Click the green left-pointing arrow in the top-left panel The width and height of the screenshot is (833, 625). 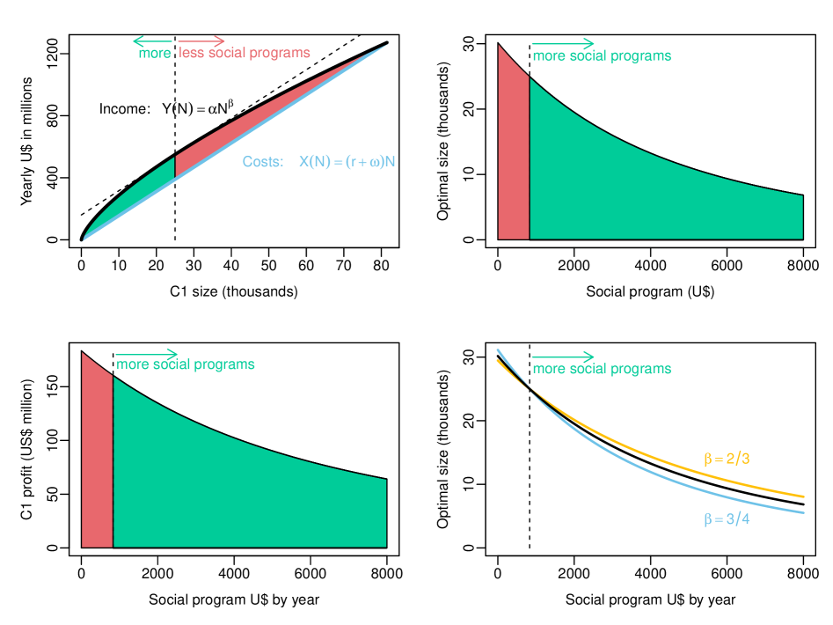[151, 40]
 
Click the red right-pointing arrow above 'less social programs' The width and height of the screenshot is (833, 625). [201, 40]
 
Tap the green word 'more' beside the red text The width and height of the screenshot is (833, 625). [155, 54]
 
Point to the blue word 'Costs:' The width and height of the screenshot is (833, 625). [263, 162]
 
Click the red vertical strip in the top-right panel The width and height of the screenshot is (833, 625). [514, 158]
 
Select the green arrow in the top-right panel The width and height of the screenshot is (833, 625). [563, 43]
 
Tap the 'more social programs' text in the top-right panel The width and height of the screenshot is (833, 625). [602, 56]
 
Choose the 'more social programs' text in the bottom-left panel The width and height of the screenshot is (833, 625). [186, 364]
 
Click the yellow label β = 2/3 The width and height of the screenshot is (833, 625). [727, 459]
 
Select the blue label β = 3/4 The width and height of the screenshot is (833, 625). [727, 519]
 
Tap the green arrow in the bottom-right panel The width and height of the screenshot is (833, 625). [563, 357]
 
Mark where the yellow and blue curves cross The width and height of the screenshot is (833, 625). [531, 388]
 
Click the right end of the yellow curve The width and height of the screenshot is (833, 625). [803, 497]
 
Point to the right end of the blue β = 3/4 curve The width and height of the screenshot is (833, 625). [803, 512]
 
